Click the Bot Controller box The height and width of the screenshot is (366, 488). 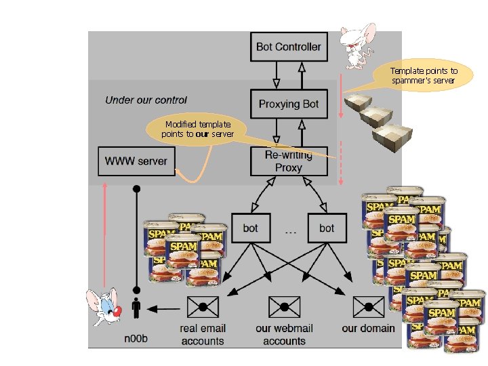coord(289,47)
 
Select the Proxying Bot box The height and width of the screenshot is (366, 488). coord(289,104)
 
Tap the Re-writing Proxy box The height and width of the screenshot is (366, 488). coord(289,161)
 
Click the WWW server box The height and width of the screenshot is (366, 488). coord(136,161)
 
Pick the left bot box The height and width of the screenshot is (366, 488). coord(251,228)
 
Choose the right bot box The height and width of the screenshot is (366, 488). coord(327,228)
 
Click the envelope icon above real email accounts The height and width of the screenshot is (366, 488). coord(203,307)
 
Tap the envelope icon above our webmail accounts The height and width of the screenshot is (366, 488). coord(285,307)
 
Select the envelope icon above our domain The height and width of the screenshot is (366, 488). coord(369,307)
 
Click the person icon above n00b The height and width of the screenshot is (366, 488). coord(136,308)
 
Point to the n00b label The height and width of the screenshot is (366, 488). coord(136,338)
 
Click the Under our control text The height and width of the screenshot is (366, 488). coord(146,100)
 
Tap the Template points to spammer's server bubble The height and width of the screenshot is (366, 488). coord(424,76)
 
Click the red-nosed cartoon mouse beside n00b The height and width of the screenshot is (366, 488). coord(104,307)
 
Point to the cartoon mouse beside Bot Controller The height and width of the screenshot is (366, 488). coord(358,46)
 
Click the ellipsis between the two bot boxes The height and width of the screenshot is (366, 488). coord(290,232)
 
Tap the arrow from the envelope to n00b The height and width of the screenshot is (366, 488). coord(163,309)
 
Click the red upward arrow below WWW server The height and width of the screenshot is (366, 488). coord(105,235)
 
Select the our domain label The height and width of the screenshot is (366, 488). coord(369,328)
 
